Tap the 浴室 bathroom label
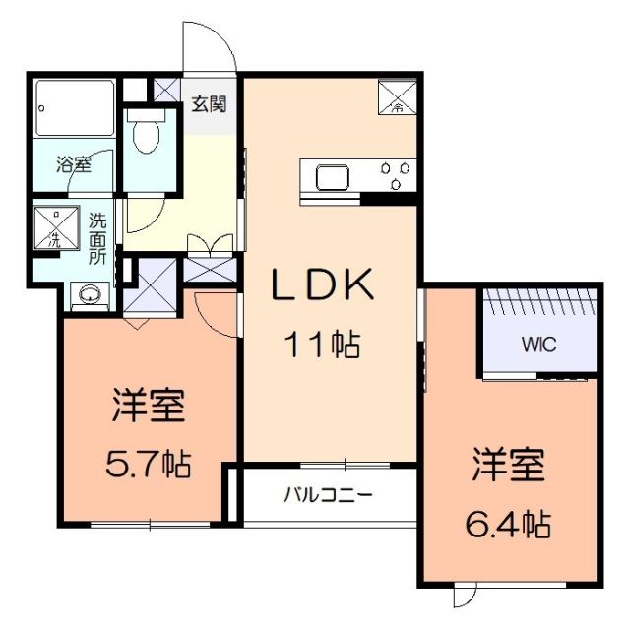click(72, 164)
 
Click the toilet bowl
click(147, 135)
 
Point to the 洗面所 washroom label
click(98, 237)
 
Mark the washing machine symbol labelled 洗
click(55, 227)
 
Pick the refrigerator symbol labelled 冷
click(398, 94)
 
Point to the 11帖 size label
click(322, 346)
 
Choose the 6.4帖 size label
click(507, 522)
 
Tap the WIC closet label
click(537, 346)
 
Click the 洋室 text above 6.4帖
click(508, 465)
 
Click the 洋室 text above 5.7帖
click(150, 406)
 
